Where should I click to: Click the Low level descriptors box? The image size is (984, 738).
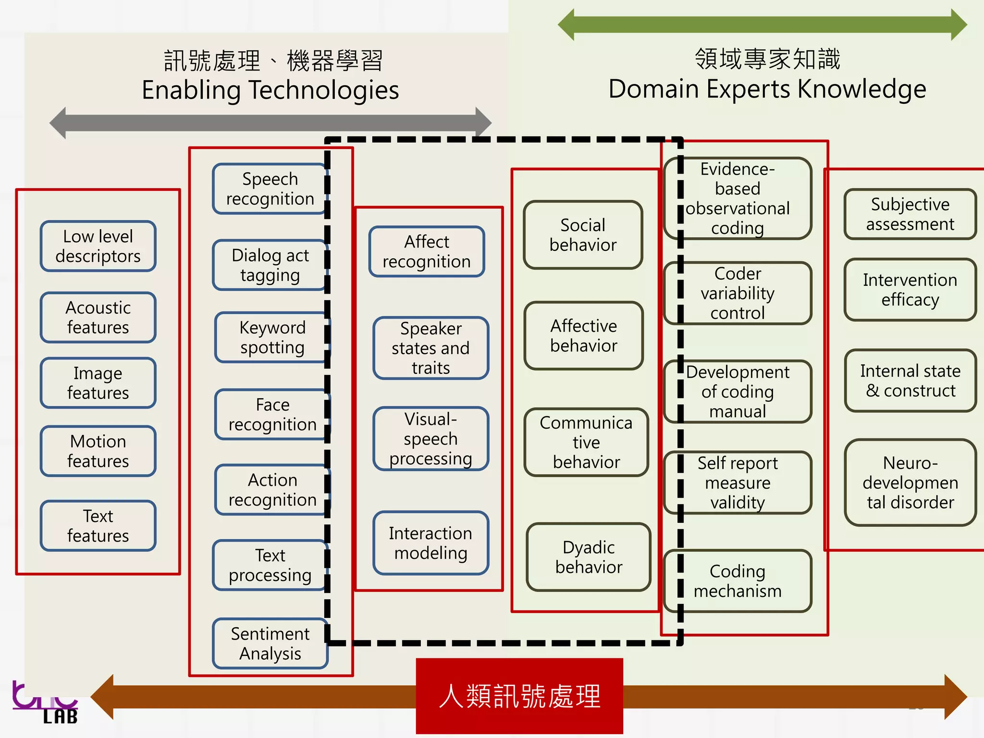click(98, 246)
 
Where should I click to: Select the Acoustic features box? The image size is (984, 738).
click(98, 317)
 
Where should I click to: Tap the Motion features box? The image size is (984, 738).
click(98, 451)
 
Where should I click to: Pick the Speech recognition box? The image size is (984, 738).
click(270, 188)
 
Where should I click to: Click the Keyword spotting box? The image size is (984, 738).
click(272, 337)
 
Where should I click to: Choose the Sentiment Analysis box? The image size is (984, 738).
click(270, 643)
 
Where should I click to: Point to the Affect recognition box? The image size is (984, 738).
click(426, 251)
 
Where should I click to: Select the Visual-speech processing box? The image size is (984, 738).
click(430, 439)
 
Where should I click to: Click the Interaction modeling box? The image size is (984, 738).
click(430, 543)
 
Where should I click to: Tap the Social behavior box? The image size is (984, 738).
click(583, 234)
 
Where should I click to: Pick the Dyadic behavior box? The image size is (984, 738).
click(589, 557)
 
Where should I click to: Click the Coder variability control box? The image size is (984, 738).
click(738, 293)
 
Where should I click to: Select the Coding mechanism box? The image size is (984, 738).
click(738, 581)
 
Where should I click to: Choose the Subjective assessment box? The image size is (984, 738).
click(910, 214)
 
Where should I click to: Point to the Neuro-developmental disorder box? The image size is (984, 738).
click(910, 482)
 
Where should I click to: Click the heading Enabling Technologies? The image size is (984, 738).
click(270, 90)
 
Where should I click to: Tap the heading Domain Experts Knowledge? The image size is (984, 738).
click(767, 89)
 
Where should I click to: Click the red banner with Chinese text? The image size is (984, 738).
click(519, 696)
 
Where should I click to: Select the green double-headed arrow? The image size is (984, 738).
click(762, 24)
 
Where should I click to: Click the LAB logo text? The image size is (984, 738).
click(60, 717)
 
